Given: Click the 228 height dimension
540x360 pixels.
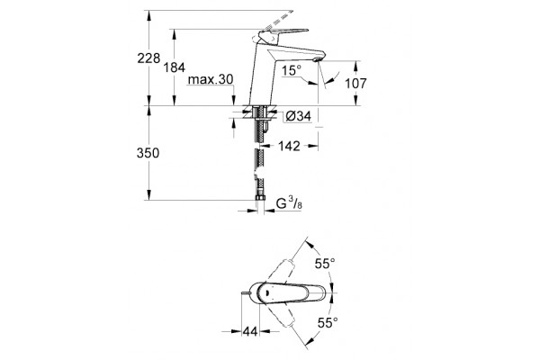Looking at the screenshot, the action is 148,58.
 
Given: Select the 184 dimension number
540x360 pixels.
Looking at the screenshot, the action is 175,67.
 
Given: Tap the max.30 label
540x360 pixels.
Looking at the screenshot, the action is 211,79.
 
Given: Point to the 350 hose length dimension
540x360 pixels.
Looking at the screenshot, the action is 148,153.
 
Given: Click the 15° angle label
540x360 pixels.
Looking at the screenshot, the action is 292,70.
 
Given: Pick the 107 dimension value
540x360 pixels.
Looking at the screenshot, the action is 356,84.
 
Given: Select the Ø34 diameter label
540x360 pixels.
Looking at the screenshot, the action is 299,116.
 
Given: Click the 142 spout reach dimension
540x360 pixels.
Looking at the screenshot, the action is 289,146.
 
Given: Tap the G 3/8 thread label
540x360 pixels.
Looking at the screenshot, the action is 289,203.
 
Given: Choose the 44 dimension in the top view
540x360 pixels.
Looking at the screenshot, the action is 250,331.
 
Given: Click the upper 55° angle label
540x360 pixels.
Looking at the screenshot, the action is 325,264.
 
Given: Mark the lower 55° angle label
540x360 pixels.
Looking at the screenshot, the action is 328,323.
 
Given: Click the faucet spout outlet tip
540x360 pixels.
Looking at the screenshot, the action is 317,60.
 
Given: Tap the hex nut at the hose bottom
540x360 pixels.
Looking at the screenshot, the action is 260,198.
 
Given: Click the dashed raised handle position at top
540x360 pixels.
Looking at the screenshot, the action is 279,20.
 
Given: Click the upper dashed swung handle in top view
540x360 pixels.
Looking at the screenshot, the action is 283,271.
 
